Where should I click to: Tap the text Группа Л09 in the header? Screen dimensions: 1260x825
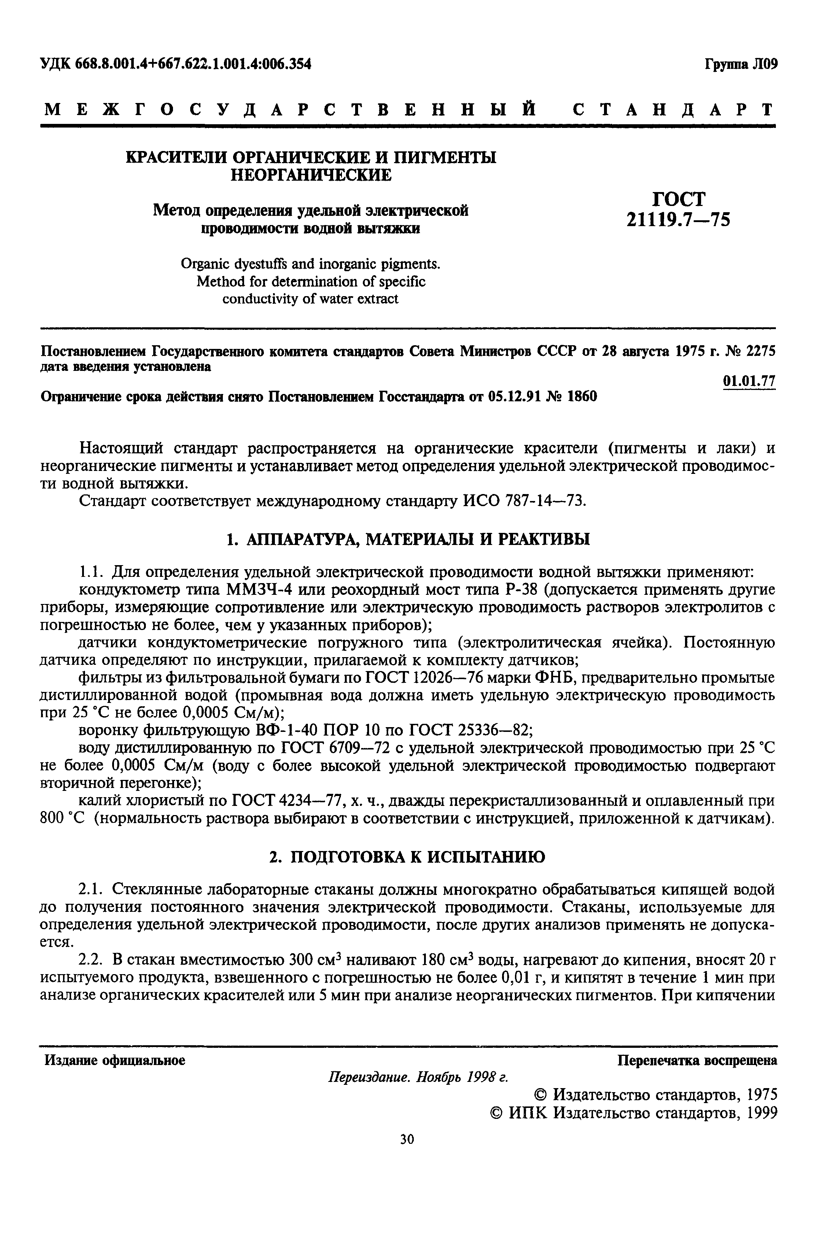[740, 65]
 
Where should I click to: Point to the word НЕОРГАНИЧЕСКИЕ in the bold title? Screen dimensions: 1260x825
[311, 175]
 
